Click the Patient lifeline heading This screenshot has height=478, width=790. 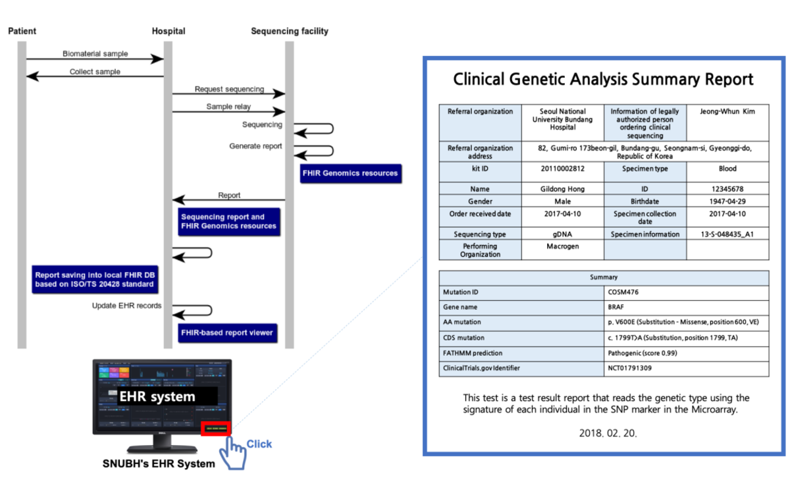tap(22, 31)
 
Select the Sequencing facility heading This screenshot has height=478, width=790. tap(289, 31)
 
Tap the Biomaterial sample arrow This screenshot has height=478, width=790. tap(95, 59)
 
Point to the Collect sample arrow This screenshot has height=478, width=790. tap(95, 77)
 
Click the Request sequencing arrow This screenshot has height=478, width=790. tap(228, 94)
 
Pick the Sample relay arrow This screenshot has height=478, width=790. tap(228, 112)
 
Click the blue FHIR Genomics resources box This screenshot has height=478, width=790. tap(350, 173)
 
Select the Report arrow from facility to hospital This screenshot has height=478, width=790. tap(228, 200)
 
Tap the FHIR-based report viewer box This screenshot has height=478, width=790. tap(226, 332)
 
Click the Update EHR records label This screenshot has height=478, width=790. tap(127, 305)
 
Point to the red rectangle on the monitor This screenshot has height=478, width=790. tap(217, 428)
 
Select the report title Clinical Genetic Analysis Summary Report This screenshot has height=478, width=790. tap(603, 80)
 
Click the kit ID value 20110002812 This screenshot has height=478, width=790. tap(562, 169)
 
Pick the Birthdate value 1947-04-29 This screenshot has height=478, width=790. tap(727, 201)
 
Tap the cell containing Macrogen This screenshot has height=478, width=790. tap(562, 246)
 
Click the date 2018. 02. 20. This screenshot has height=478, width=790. tap(608, 433)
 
